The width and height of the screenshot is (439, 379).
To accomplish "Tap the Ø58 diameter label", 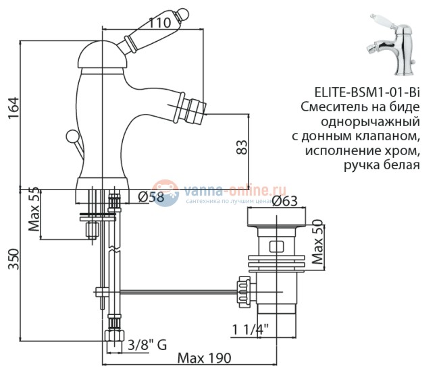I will click(150, 197).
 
